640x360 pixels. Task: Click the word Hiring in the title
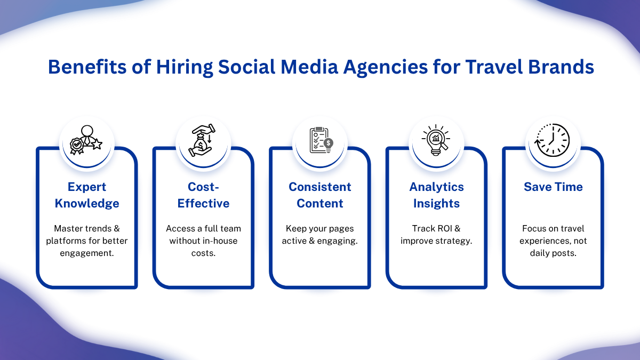tap(185, 67)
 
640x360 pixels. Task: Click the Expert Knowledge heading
tap(87, 195)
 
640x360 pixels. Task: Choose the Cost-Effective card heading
tap(203, 195)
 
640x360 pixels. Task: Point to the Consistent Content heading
tap(319, 195)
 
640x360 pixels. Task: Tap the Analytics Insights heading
tap(436, 195)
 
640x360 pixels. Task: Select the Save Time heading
tap(553, 187)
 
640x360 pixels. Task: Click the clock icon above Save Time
tap(552, 140)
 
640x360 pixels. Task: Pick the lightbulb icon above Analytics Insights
tap(436, 140)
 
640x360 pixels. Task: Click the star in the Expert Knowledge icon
tap(97, 144)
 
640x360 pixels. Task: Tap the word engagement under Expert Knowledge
tap(87, 253)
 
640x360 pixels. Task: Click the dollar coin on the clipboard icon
tap(329, 143)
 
